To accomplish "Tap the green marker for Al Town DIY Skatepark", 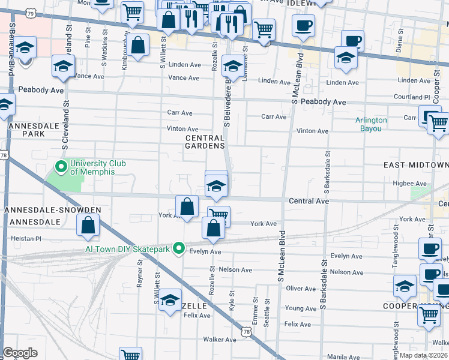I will coord(178,248).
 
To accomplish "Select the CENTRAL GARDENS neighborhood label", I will coord(205,142).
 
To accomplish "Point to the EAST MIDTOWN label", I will coord(416,165).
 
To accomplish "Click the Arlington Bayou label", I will coord(371,124).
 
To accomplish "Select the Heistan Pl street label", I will coord(26,238).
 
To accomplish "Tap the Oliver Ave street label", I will coord(301,289).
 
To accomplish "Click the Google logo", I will coord(20,353).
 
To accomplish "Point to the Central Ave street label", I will coord(309,201).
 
